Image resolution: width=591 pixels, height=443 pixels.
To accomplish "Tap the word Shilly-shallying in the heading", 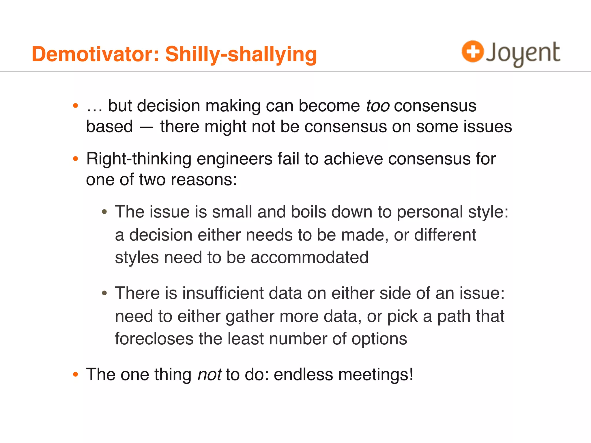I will [241, 55].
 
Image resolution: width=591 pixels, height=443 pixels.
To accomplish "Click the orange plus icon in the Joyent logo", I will [472, 52].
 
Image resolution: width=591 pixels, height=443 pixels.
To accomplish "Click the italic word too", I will [378, 106].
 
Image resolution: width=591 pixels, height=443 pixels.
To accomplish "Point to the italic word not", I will [210, 375].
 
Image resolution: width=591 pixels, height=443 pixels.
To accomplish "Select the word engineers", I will [234, 159].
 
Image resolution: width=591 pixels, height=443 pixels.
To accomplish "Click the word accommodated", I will [309, 257].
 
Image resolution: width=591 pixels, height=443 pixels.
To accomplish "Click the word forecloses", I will [154, 339].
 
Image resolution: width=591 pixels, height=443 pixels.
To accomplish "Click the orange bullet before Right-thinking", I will [76, 159].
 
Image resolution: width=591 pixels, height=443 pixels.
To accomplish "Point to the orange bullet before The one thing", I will [76, 375].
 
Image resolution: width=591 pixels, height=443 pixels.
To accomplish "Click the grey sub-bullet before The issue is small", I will [104, 212].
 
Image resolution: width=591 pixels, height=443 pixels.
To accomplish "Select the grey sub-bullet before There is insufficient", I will [104, 294].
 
